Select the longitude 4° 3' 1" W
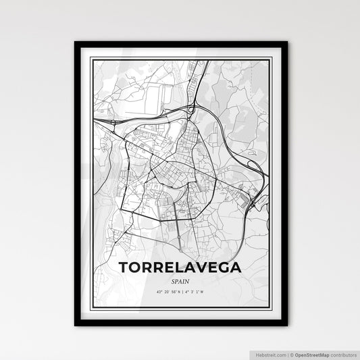(x=196, y=292)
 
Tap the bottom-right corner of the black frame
(x=286, y=326)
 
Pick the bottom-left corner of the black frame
(x=76, y=326)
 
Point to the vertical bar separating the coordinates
(x=181, y=292)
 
